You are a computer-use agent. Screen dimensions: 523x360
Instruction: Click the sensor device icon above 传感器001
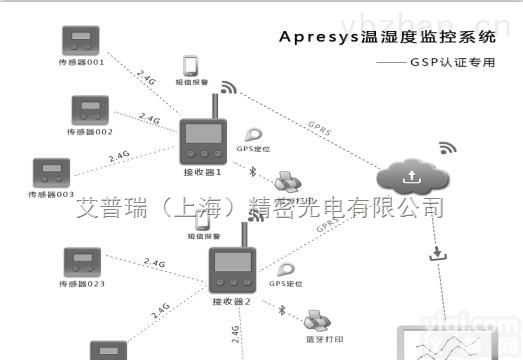click(80, 41)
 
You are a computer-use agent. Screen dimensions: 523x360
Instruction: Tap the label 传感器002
click(90, 131)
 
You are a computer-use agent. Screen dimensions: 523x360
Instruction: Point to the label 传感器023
click(81, 284)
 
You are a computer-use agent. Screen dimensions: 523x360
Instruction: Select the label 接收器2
click(231, 300)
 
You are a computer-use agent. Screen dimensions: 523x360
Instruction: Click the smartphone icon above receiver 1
click(192, 66)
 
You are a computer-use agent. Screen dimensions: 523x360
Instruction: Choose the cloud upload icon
click(410, 177)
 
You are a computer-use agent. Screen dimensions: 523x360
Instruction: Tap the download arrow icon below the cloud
click(435, 254)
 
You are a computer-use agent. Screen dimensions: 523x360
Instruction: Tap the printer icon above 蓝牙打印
click(318, 320)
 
